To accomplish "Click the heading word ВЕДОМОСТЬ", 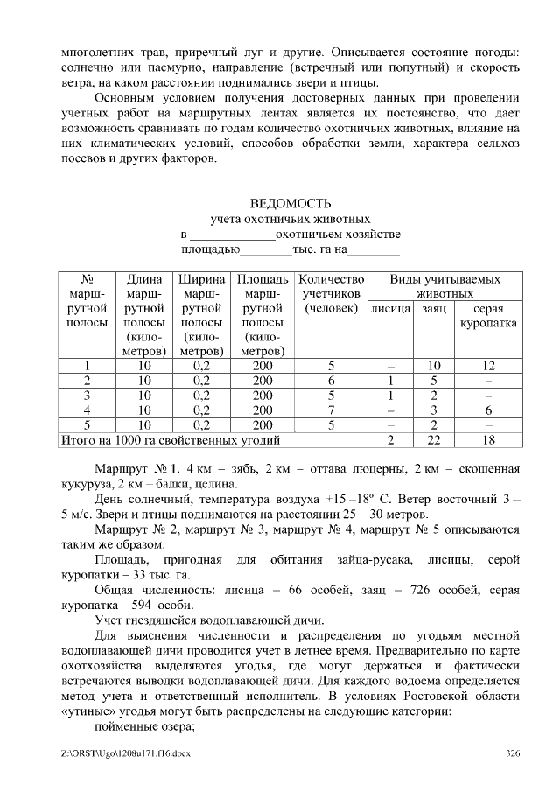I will click(x=290, y=204).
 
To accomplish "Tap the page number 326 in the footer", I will click(x=514, y=753).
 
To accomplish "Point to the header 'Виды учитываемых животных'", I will click(x=444, y=286).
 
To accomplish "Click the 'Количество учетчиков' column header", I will click(x=331, y=293).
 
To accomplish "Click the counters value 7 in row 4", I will click(x=331, y=410).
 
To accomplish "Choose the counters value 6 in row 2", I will click(x=331, y=381).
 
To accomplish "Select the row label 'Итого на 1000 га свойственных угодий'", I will click(x=169, y=439).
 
